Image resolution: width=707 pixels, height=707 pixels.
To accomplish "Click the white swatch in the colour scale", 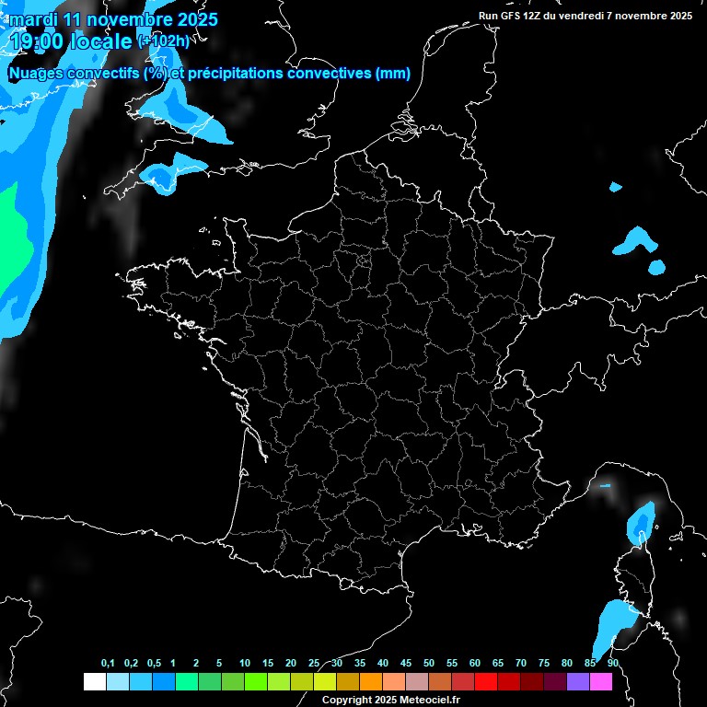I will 94,681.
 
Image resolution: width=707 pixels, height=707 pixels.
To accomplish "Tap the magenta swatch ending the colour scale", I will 601,681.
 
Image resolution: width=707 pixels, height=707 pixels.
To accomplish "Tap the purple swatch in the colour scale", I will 578,681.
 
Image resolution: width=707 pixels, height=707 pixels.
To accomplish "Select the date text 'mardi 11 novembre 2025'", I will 113,19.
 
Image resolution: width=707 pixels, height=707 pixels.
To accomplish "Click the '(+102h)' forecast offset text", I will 163,41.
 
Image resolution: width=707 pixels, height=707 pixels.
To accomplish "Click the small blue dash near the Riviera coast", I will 605,485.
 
